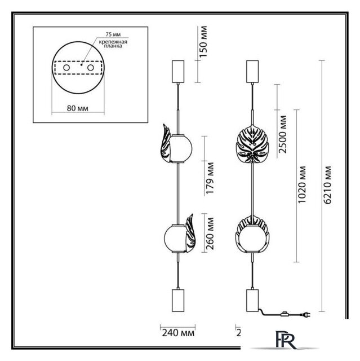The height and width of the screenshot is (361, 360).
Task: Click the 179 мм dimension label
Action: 210,179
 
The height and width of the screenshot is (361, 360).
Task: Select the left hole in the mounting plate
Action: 66,68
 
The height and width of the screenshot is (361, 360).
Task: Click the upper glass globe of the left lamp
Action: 182,148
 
